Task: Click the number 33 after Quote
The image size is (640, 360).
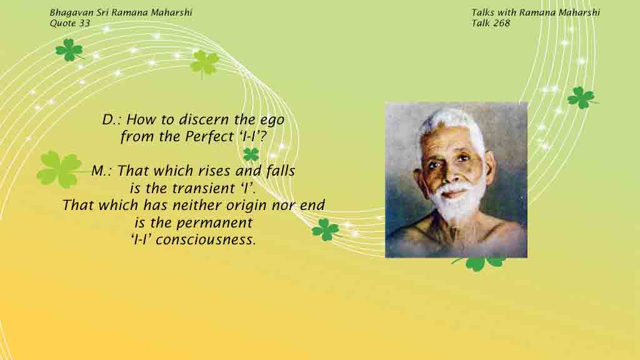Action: pyautogui.click(x=84, y=23)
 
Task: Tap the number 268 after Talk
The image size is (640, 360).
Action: pyautogui.click(x=502, y=23)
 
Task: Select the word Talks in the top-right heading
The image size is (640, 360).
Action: pyautogui.click(x=482, y=12)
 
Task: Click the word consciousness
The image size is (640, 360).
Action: pyautogui.click(x=206, y=239)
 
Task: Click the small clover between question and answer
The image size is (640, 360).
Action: pyautogui.click(x=251, y=155)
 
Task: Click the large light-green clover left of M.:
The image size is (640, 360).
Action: pyautogui.click(x=59, y=169)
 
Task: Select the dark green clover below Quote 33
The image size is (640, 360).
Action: pyautogui.click(x=69, y=50)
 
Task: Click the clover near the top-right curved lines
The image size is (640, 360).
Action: pyautogui.click(x=581, y=97)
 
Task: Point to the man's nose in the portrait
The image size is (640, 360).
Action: pyautogui.click(x=451, y=174)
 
